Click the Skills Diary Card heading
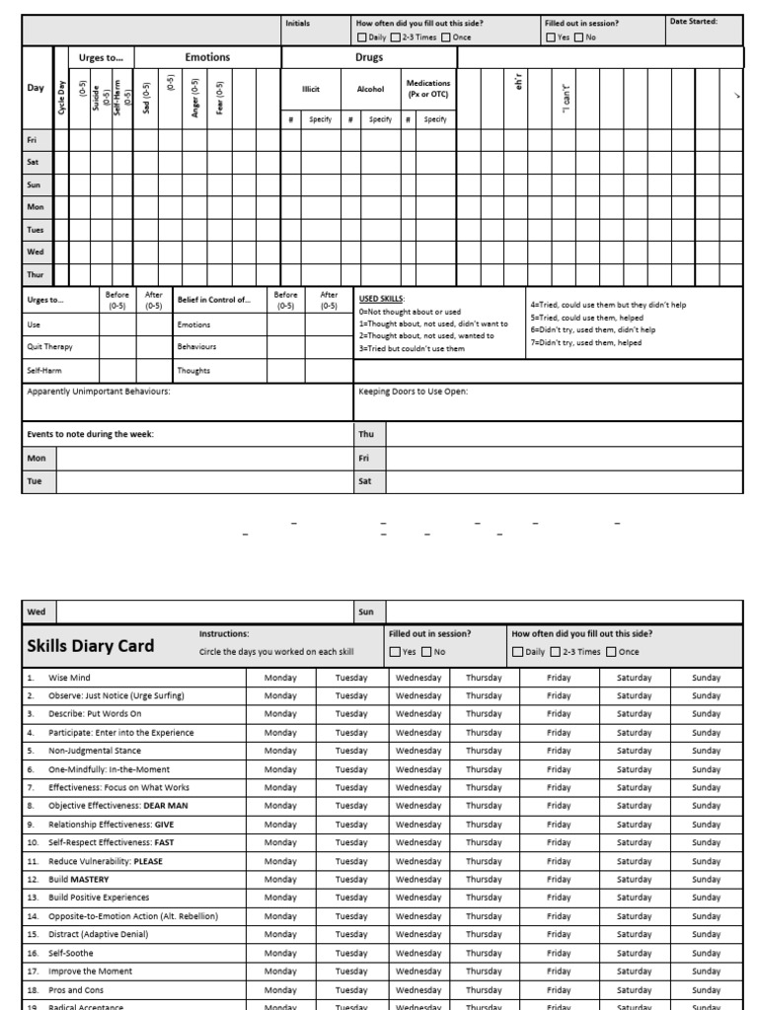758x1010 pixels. point(91,646)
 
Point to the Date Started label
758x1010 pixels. point(693,21)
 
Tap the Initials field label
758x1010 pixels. point(297,22)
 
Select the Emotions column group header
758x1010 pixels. point(207,58)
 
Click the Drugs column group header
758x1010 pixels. point(369,58)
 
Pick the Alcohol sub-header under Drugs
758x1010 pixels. point(370,89)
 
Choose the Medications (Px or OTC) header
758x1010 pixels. point(428,89)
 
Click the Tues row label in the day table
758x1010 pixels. point(36,230)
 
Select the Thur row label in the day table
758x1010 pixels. point(36,275)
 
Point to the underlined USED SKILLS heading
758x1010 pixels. point(382,298)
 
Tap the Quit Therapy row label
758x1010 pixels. point(50,347)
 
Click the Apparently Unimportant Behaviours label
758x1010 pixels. point(99,392)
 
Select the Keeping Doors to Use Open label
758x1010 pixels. point(414,392)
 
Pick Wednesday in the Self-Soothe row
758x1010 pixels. point(418,953)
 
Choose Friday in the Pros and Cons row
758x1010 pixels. point(559,989)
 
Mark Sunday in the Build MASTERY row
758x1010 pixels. point(706,879)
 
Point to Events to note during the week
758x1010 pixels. point(91,434)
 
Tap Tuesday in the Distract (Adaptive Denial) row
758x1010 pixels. point(351,934)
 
